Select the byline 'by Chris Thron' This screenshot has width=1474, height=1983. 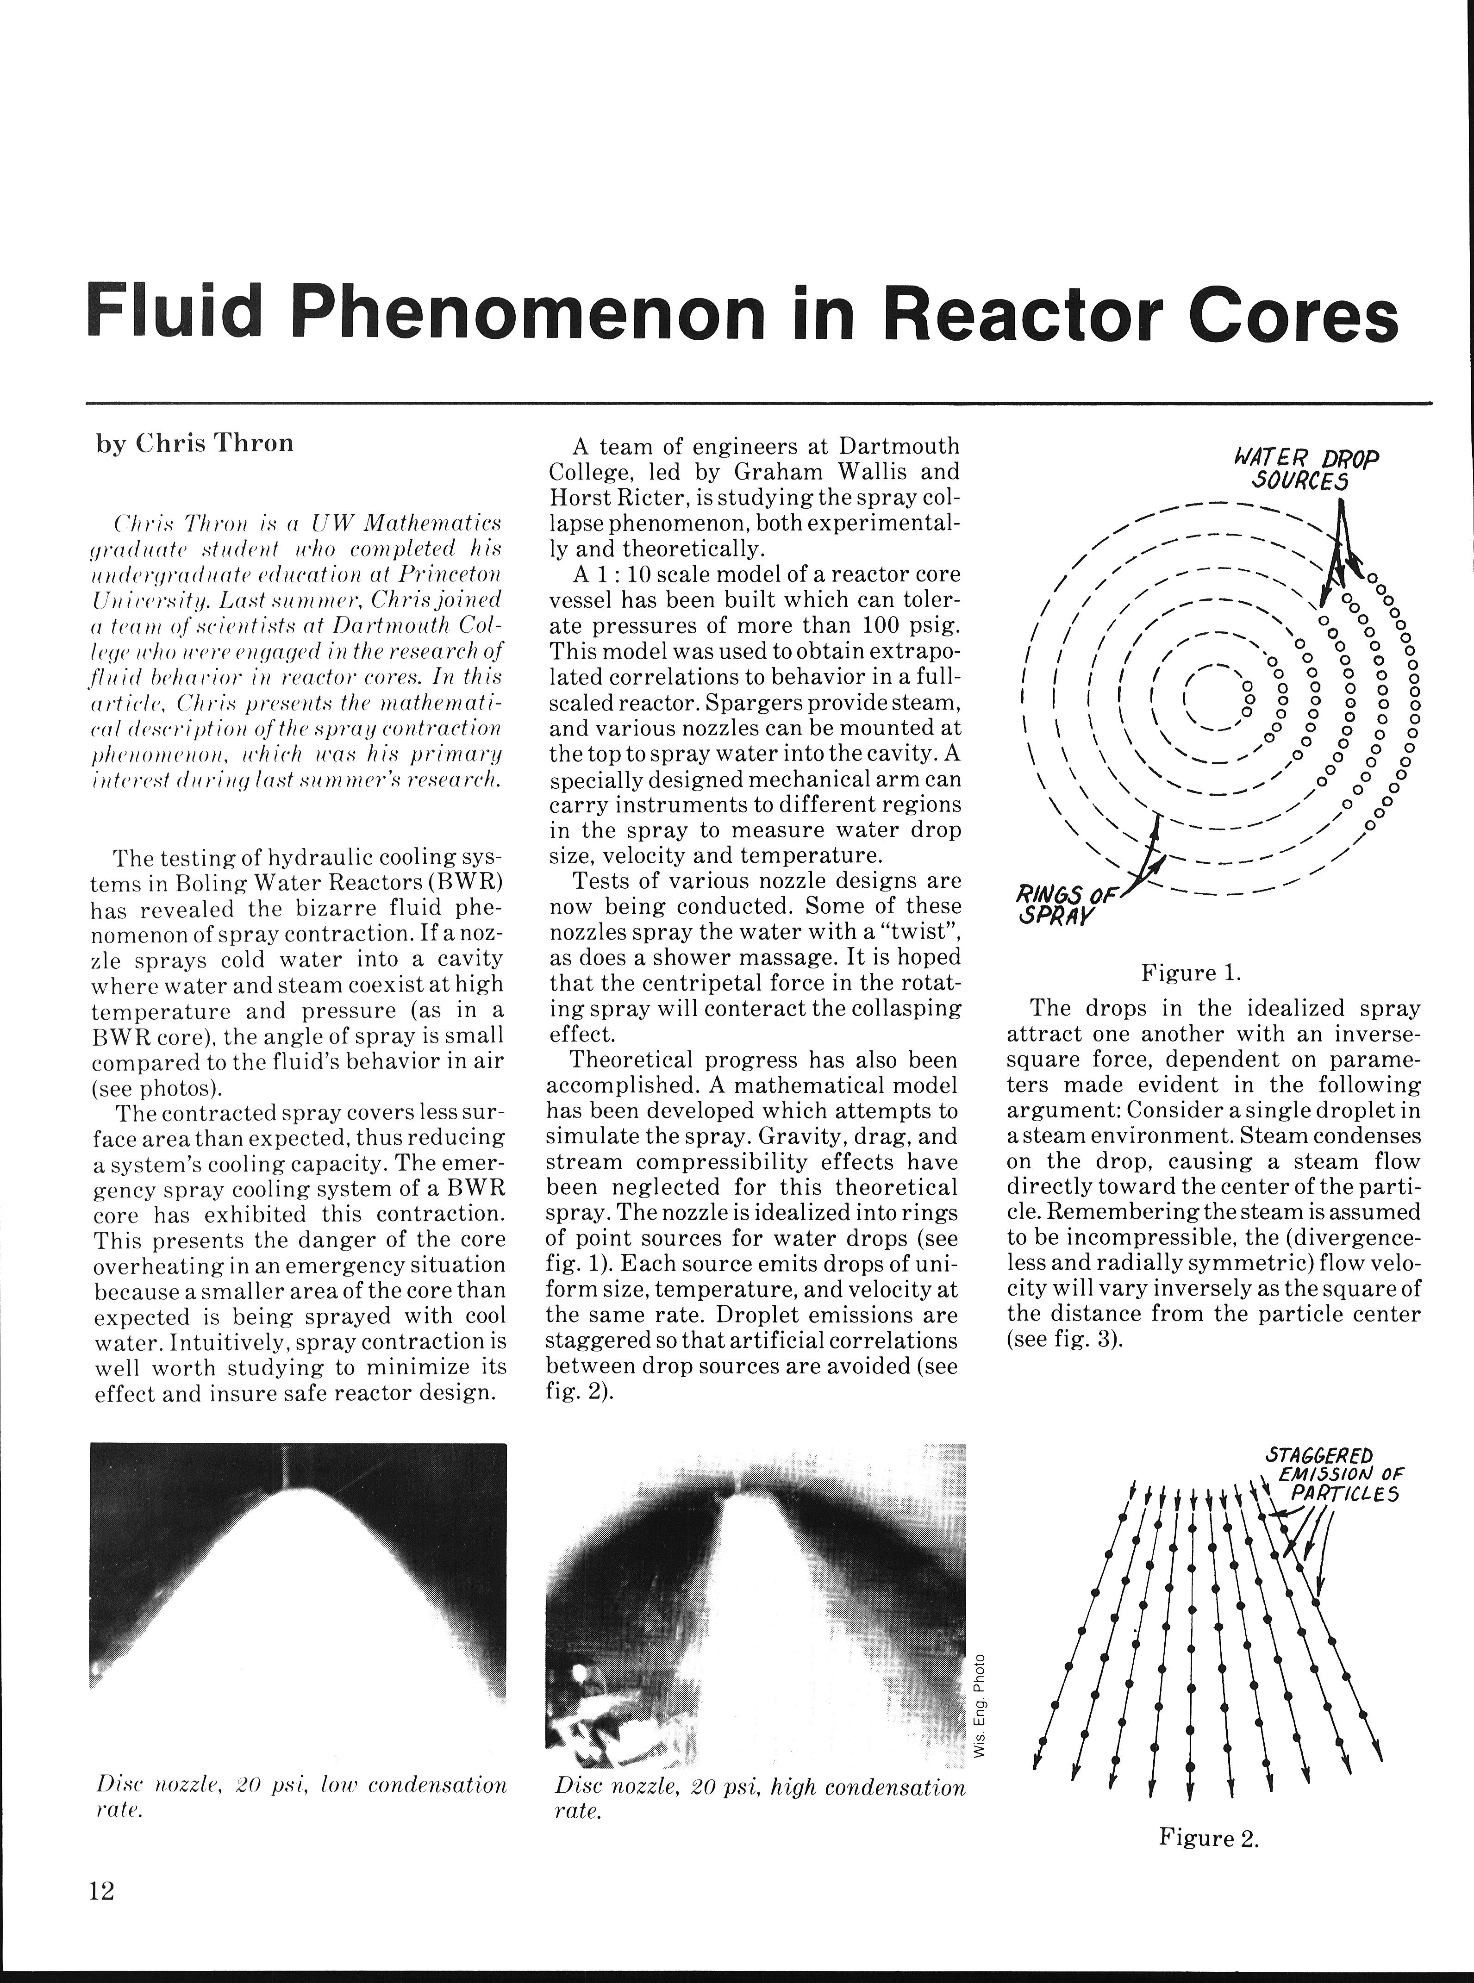[x=194, y=443]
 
